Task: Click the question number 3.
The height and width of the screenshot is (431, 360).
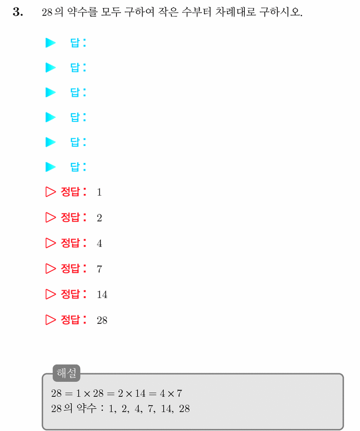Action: click(x=18, y=12)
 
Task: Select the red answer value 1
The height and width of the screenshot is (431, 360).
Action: click(x=99, y=192)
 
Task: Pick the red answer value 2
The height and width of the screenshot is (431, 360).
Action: click(x=99, y=218)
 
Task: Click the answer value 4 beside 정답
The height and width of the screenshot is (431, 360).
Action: click(x=99, y=244)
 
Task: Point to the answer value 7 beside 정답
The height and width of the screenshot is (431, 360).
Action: click(x=99, y=269)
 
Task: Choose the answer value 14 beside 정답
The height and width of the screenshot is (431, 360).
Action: click(x=102, y=295)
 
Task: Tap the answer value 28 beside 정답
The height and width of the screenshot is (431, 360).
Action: click(x=102, y=320)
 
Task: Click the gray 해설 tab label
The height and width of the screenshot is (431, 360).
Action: click(x=66, y=373)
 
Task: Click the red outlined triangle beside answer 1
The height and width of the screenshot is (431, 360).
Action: click(x=50, y=192)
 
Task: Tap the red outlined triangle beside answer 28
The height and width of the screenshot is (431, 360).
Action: click(x=50, y=320)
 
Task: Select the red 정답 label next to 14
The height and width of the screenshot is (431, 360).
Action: click(x=70, y=294)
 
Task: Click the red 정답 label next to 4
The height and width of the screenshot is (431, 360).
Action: click(x=70, y=243)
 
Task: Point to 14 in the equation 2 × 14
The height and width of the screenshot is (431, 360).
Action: click(x=140, y=394)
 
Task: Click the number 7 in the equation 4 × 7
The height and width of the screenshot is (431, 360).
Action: click(x=180, y=394)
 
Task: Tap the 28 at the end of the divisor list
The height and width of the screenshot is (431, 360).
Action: click(x=184, y=409)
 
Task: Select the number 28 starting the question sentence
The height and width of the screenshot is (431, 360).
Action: click(x=47, y=12)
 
